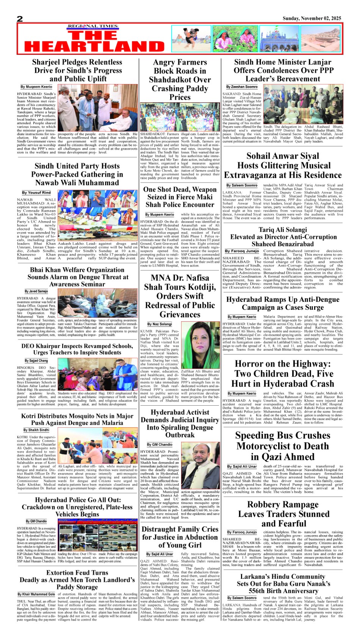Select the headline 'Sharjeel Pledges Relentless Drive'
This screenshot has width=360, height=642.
point(77,70)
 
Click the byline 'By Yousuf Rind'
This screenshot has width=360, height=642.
point(36,192)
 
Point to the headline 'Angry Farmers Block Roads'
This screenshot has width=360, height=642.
point(180,80)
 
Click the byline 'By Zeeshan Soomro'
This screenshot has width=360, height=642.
point(242,87)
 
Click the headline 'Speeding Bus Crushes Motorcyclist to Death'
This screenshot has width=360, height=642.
point(282,446)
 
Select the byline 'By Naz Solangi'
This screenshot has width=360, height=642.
point(159,324)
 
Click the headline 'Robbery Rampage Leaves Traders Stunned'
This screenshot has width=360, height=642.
point(283,514)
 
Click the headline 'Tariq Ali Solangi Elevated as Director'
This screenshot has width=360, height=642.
point(283,237)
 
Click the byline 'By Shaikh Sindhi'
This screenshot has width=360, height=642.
point(36,430)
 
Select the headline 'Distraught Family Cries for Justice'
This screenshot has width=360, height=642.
point(180,537)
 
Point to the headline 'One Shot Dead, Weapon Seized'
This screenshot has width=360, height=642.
point(180,197)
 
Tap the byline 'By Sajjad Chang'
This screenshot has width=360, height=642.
point(36,361)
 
